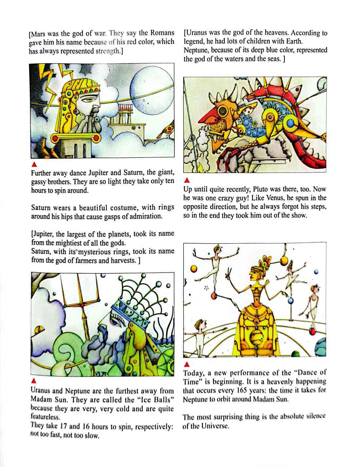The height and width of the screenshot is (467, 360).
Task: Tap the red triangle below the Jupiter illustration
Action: [33, 164]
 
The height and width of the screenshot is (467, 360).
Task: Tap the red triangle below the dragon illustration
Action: [187, 180]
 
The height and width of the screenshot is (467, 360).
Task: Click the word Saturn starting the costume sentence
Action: [41, 208]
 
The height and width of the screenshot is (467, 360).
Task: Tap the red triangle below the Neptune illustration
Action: [34, 381]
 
